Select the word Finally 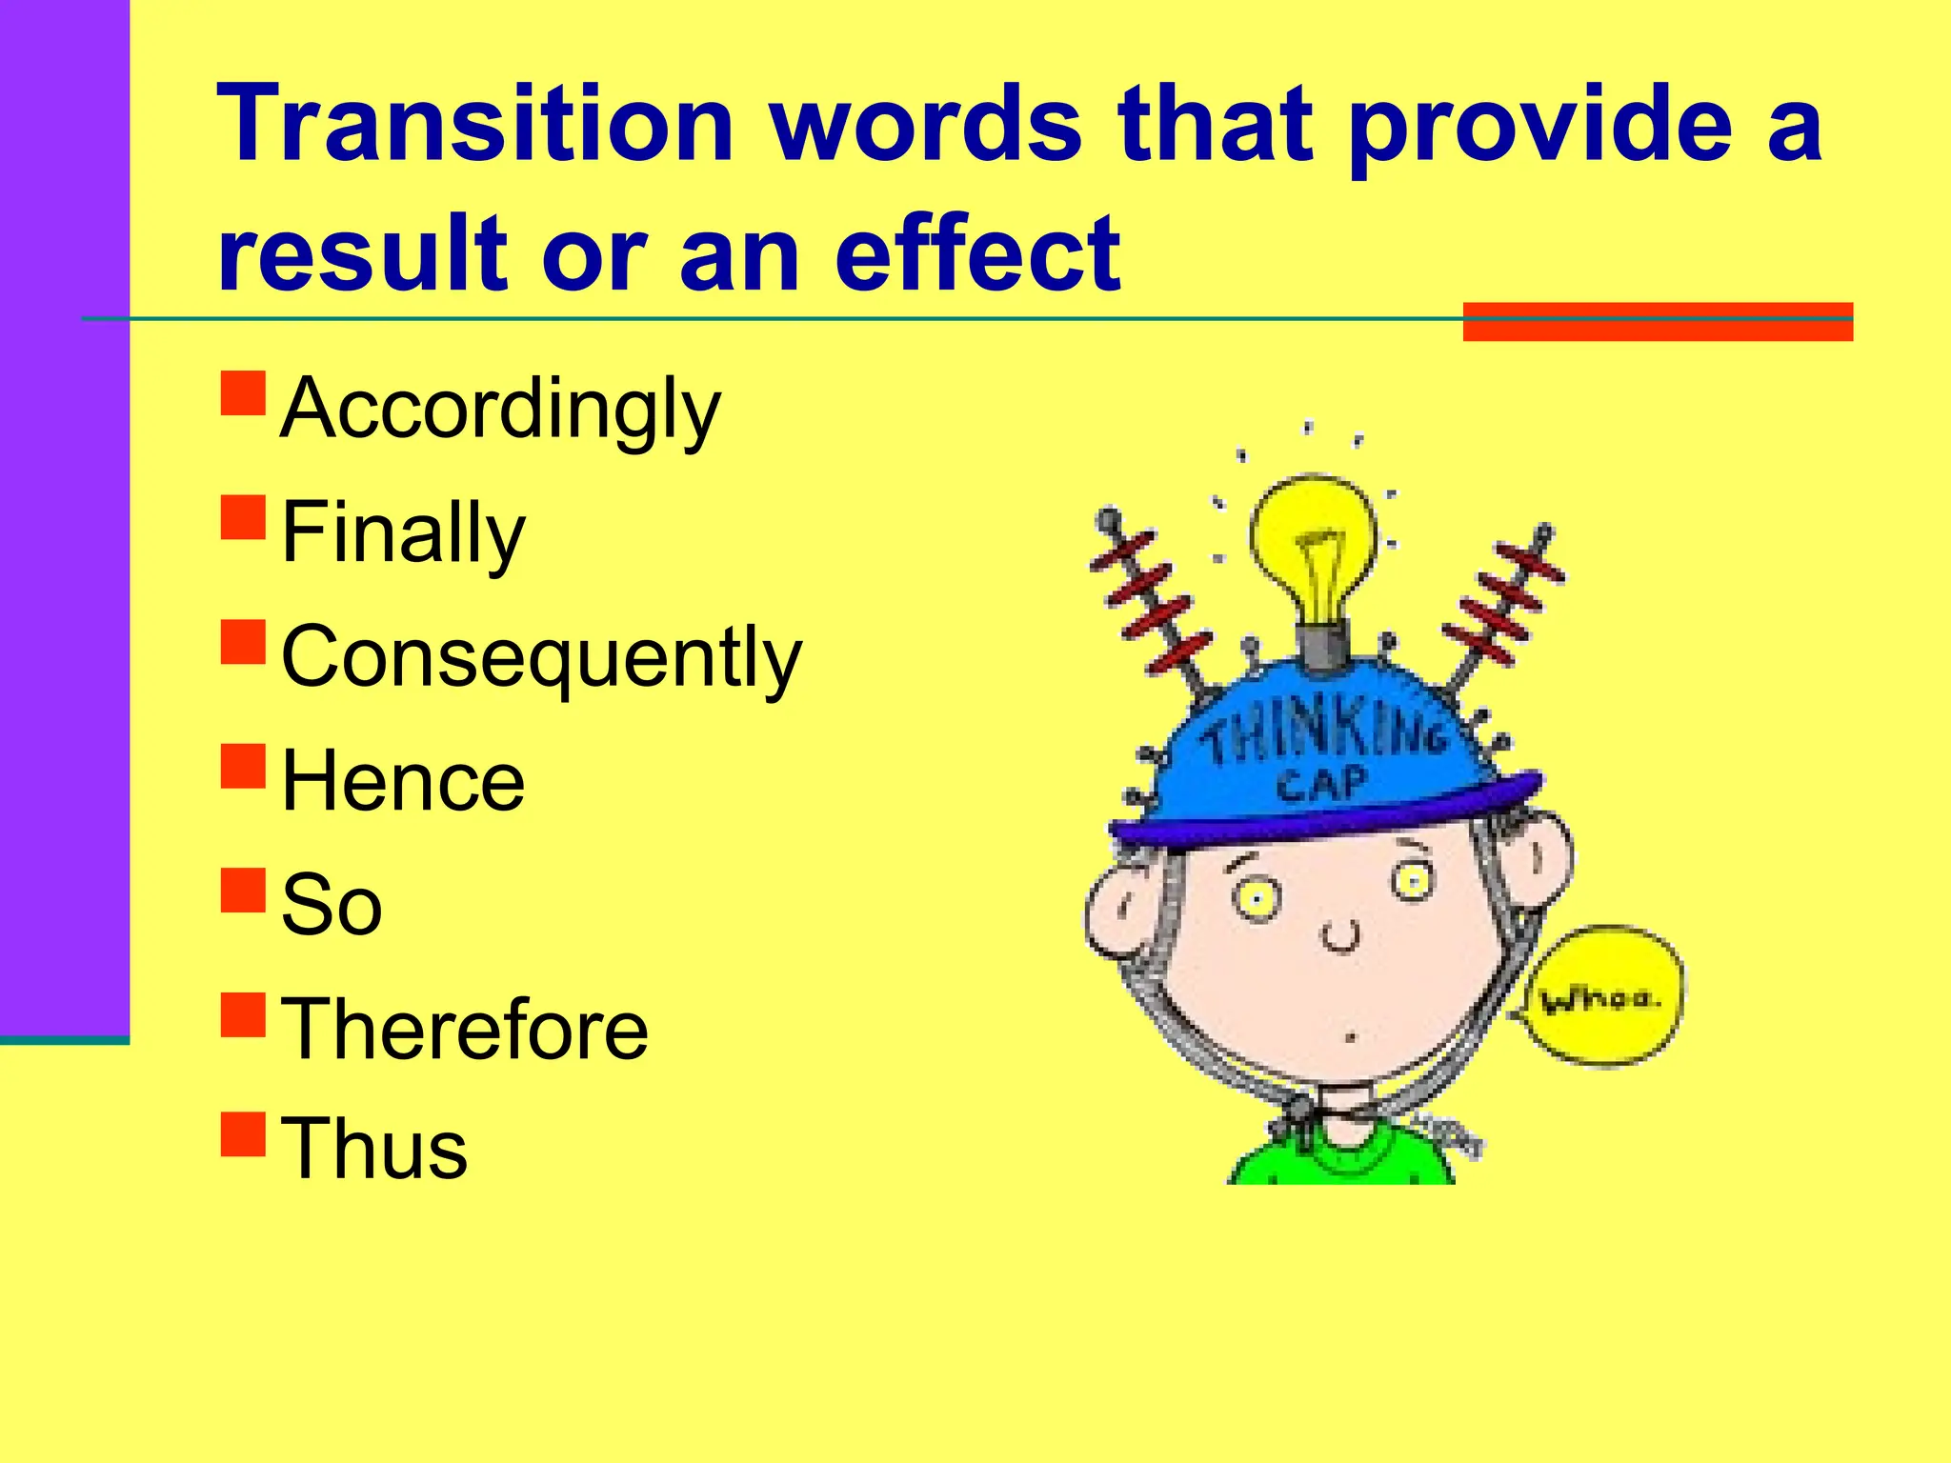pos(403,532)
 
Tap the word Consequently pos(541,656)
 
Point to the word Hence pos(403,781)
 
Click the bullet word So pos(332,905)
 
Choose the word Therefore pos(465,1029)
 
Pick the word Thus pos(374,1149)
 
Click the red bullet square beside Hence pos(243,766)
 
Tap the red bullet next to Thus pos(243,1133)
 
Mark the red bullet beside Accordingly pos(243,393)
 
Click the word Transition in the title pos(475,125)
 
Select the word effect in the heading pos(977,253)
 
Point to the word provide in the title pos(1539,125)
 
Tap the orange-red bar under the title pos(1657,321)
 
